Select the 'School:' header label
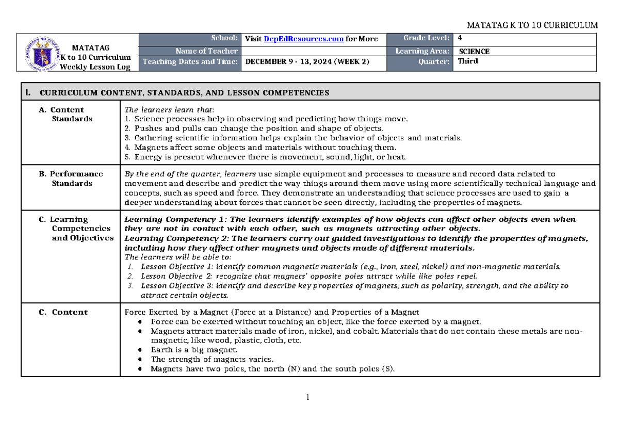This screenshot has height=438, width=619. click(226, 38)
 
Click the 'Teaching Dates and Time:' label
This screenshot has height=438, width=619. click(190, 61)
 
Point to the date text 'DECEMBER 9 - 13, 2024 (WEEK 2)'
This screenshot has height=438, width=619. click(308, 61)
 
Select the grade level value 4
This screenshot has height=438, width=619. click(460, 38)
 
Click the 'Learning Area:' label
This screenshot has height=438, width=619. click(422, 51)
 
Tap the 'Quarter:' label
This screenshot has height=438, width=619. click(434, 61)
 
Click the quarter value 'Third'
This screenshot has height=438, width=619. click(467, 61)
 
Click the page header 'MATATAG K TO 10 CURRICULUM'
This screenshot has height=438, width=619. click(532, 25)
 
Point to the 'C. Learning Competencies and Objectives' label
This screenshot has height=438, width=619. click(77, 229)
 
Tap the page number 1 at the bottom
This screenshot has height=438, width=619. click(307, 398)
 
